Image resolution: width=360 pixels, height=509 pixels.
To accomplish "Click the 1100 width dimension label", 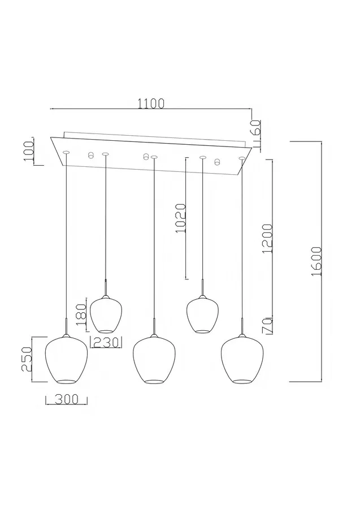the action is point(151,103).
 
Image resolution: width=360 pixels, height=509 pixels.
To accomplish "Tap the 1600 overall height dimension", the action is point(316,261).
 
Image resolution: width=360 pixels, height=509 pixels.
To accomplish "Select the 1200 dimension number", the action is point(267,238).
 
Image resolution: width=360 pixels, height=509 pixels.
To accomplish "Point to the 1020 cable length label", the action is point(180,218).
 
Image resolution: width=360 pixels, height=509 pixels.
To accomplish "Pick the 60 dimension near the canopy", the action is point(255,128).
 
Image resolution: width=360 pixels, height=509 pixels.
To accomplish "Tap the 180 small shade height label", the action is point(81,314).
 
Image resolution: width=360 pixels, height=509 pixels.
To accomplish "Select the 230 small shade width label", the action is point(106,342).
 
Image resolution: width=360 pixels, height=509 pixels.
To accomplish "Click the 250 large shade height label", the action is point(26,359).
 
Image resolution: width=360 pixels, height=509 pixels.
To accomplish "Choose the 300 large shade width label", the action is point(67,399).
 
